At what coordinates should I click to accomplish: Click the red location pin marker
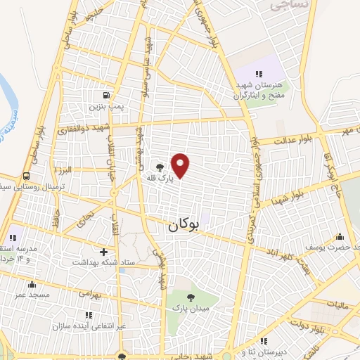[x=181, y=166]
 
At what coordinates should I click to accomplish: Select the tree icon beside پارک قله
[x=160, y=167]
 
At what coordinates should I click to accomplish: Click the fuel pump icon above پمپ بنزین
[x=105, y=95]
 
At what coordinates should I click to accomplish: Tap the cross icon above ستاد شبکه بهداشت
[x=104, y=251]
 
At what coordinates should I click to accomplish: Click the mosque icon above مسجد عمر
[x=32, y=285]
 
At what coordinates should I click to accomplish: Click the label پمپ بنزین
[x=105, y=107]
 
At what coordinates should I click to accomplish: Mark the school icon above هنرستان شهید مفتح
[x=259, y=73]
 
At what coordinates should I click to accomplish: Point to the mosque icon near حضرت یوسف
[x=341, y=237]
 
